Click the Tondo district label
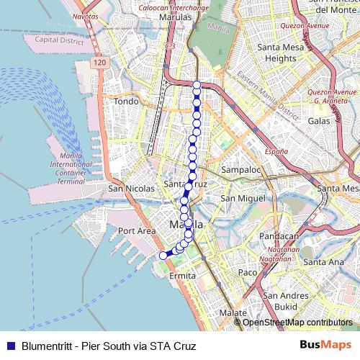[x=126, y=102]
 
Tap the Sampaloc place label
[x=240, y=171]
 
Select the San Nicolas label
[x=131, y=189]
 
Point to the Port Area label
[x=137, y=231]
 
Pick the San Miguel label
[x=238, y=198]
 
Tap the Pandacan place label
[x=279, y=236]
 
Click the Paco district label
[x=248, y=273]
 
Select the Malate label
[x=233, y=313]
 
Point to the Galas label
[x=319, y=121]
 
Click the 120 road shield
[x=99, y=64]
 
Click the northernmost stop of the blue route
[x=197, y=85]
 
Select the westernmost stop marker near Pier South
[x=163, y=255]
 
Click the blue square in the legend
[x=10, y=346]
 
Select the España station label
[x=276, y=152]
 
